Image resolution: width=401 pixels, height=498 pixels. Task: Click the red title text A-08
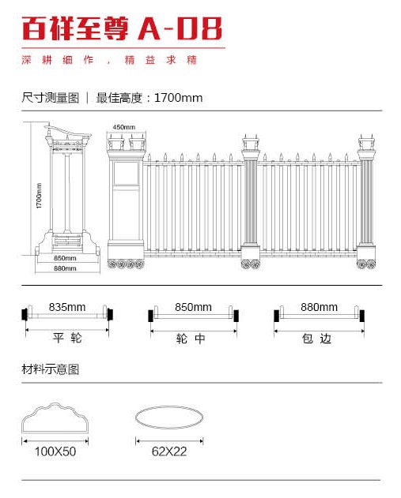[180, 28]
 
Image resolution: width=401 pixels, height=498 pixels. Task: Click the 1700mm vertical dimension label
[39, 196]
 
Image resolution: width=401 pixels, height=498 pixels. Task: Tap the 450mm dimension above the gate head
[124, 127]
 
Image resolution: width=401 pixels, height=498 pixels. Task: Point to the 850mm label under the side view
[65, 258]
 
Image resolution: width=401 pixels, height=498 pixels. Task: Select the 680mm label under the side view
[65, 268]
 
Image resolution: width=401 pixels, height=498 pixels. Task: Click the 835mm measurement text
[67, 307]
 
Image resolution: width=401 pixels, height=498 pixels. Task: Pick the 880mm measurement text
[320, 307]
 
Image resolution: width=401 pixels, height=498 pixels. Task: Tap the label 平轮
[67, 338]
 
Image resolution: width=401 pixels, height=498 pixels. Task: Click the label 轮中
[191, 339]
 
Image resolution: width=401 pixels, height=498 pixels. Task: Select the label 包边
[316, 339]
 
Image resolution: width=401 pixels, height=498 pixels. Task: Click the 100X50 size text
[55, 451]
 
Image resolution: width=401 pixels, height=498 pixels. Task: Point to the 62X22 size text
[169, 451]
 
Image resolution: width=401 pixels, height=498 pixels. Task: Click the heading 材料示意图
[51, 369]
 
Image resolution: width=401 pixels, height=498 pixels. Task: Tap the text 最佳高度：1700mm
[149, 98]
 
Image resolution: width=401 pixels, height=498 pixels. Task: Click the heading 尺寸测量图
[51, 98]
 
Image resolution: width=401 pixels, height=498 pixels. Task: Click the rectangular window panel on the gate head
[127, 174]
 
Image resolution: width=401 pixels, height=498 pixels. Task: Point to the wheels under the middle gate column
[251, 264]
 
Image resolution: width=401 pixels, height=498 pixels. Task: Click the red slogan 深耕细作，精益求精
[109, 60]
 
